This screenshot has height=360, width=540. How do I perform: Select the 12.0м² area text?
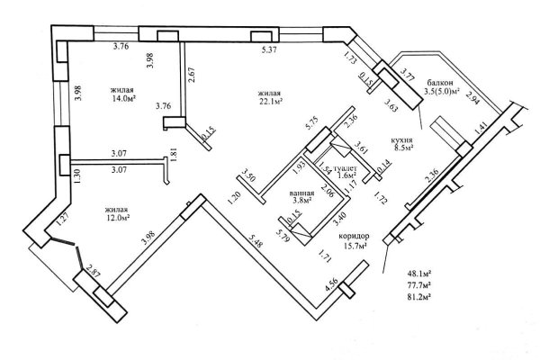(x=117, y=216)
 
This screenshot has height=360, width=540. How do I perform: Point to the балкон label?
(x=440, y=81)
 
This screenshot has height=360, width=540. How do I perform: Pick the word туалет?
(x=346, y=168)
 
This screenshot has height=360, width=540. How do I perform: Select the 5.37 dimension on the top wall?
(x=268, y=50)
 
